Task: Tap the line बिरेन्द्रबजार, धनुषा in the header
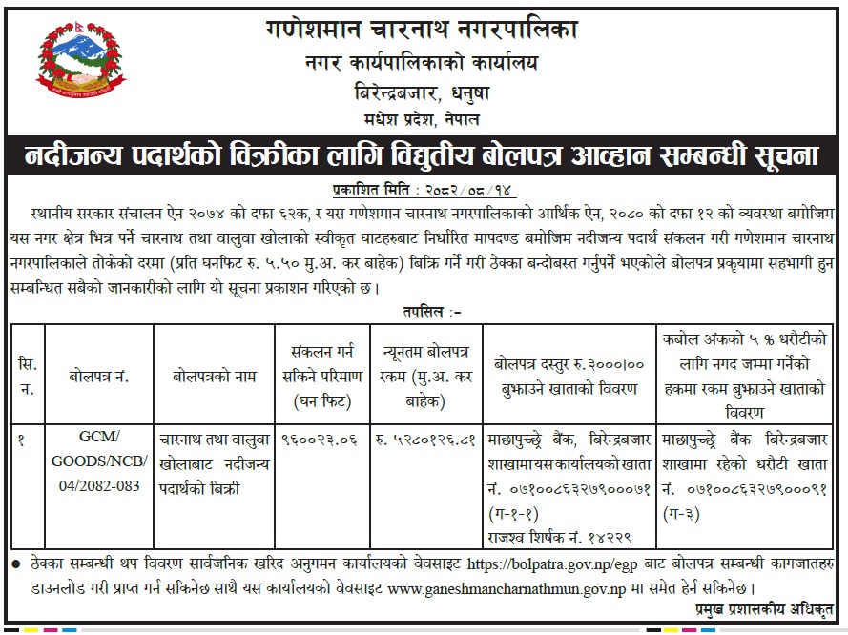(x=423, y=93)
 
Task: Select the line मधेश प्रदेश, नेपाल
(x=423, y=118)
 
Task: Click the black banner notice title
(x=424, y=155)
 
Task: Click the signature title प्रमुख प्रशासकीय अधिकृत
(x=764, y=606)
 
